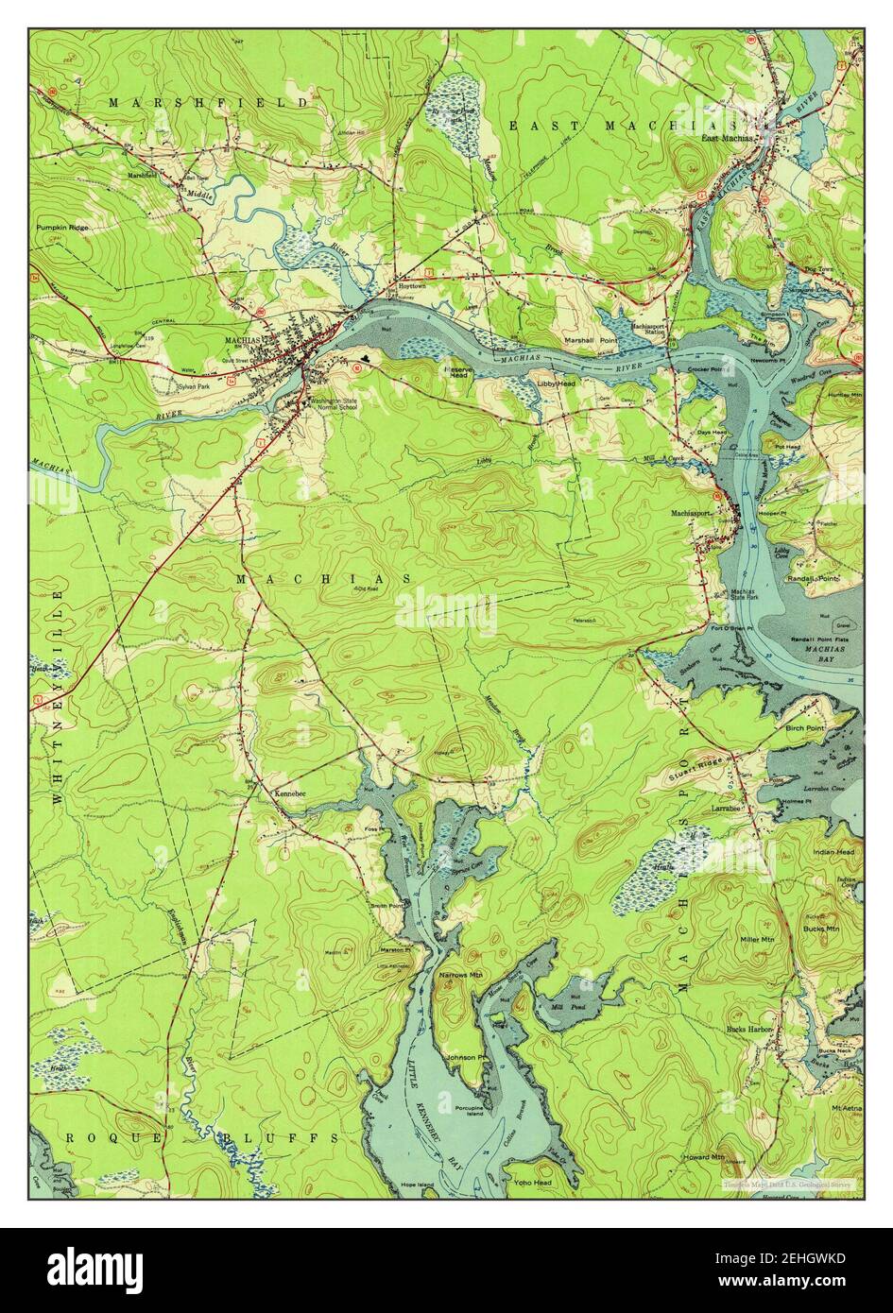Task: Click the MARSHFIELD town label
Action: (x=208, y=102)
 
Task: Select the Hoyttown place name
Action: (x=412, y=283)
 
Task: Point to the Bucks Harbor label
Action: (x=749, y=1029)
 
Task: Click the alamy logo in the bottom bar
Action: (x=98, y=1266)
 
